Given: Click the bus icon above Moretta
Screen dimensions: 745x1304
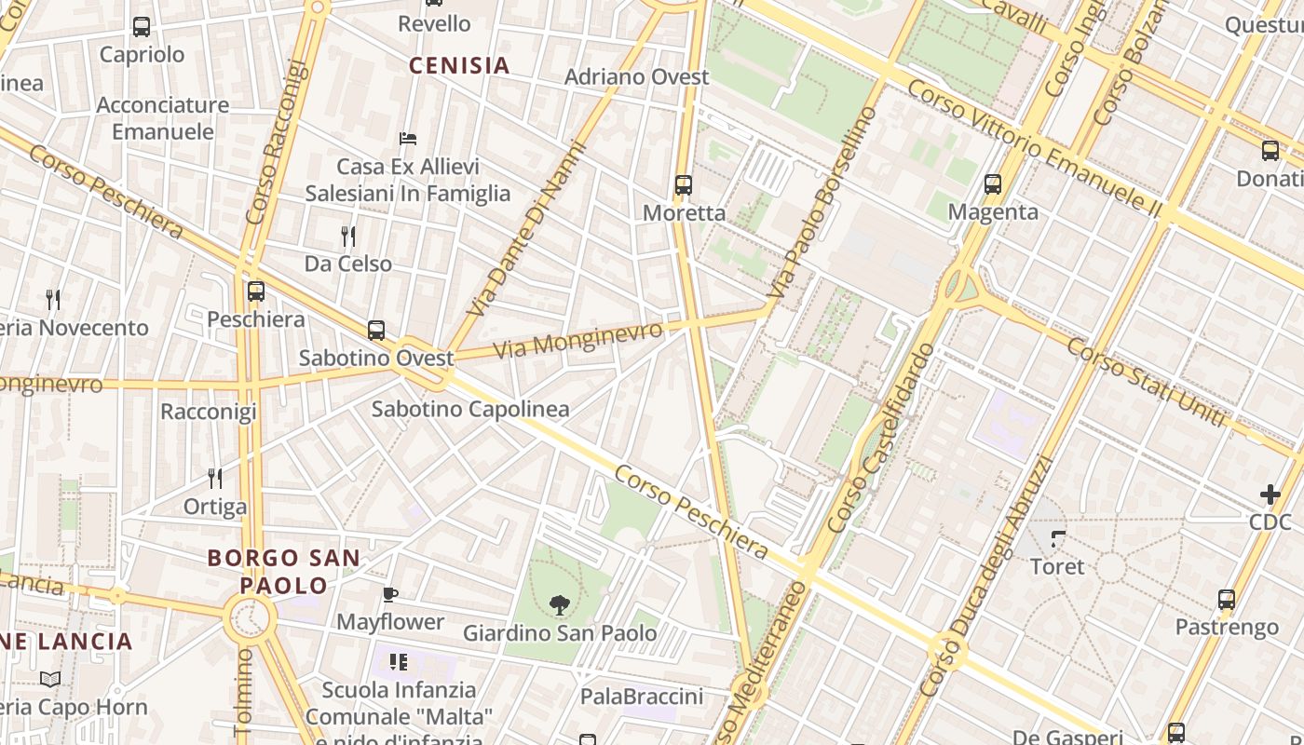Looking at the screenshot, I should pos(684,184).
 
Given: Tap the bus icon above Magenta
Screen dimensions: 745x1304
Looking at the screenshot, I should pos(993,184).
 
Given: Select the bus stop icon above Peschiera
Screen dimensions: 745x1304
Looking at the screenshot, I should pos(256,291).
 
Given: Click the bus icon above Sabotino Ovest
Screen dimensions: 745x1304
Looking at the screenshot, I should pos(376,330).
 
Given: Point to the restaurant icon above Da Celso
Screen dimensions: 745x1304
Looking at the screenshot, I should pos(348,237).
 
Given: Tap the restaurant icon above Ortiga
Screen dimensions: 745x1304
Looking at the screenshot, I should pos(215,479).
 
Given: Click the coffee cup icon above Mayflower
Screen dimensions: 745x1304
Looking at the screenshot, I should pos(390,594).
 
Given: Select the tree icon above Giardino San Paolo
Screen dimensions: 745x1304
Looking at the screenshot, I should pos(560,605).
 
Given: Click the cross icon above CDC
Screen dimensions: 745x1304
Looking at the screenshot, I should pos(1270,494).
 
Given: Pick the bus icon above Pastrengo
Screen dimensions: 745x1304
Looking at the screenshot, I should pos(1227,600).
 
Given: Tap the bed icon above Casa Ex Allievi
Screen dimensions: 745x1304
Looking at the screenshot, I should pos(408,139).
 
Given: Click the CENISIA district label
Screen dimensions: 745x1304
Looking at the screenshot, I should pos(459,65).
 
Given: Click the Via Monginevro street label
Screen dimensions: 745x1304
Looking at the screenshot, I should pos(577,340).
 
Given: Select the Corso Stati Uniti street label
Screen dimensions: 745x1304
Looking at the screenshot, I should pos(1145,383).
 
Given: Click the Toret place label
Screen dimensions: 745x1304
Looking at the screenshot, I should pos(1057,566).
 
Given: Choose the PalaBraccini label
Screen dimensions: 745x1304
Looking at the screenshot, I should pos(641,697).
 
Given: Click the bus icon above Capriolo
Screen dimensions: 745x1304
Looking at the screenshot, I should pos(142,27).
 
